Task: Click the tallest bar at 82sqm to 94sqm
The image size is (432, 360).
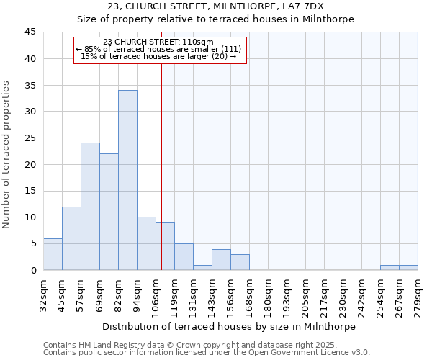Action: point(127,180)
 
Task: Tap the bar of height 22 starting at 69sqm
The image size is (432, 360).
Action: point(109,212)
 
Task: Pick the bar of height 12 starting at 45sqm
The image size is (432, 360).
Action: point(71,238)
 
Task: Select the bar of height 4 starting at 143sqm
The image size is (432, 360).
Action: point(221,260)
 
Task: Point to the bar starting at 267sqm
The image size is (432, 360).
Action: point(408,268)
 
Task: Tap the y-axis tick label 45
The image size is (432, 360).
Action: point(30,32)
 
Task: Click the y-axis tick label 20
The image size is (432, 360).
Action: point(30,164)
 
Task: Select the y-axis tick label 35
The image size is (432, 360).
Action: point(30,85)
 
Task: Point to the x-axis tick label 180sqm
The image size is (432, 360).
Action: point(268,295)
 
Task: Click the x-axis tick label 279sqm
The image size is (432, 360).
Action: point(418,295)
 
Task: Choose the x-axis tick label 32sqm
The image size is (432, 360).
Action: point(43,295)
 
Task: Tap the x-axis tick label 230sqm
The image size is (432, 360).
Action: point(343,295)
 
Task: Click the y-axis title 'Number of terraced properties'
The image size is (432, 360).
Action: point(7,155)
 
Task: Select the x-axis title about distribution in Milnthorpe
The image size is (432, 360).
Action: point(230,326)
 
